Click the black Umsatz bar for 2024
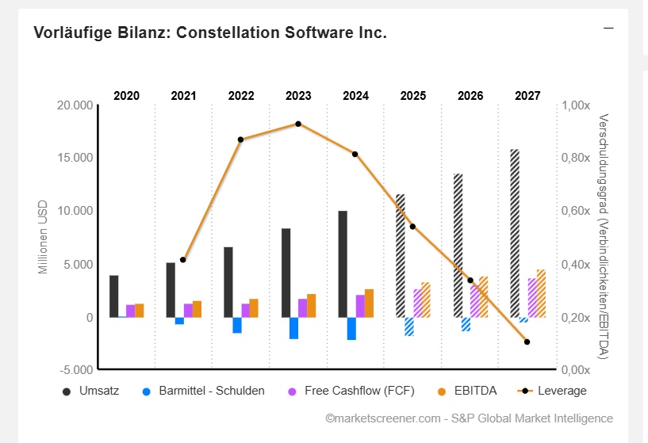[x=343, y=264]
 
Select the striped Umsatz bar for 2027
[x=515, y=233]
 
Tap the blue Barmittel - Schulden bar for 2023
[x=293, y=328]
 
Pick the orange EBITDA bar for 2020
[x=140, y=311]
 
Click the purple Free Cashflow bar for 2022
[x=245, y=311]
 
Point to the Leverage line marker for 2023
[x=298, y=124]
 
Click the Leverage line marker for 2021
[x=183, y=260]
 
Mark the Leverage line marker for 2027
[x=527, y=342]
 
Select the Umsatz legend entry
[x=91, y=391]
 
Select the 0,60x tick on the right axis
[x=575, y=211]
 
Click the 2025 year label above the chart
[x=412, y=96]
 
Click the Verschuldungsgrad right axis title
[x=604, y=236]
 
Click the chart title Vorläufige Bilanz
[x=210, y=33]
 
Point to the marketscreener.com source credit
[x=469, y=418]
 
